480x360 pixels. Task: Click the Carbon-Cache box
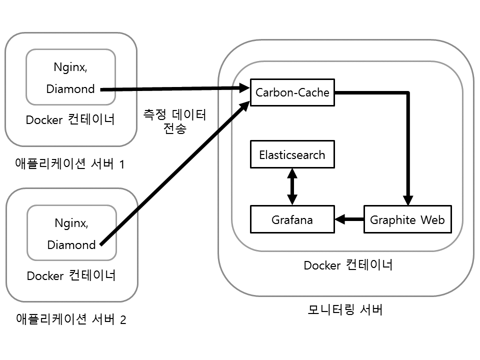pyautogui.click(x=292, y=92)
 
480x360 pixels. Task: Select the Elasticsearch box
pyautogui.click(x=292, y=154)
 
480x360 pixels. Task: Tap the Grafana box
pyautogui.click(x=292, y=219)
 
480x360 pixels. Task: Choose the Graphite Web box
pyautogui.click(x=407, y=219)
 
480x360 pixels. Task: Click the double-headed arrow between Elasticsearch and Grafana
pyautogui.click(x=292, y=186)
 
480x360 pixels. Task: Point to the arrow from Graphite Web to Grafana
pyautogui.click(x=349, y=219)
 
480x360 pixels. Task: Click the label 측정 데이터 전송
pyautogui.click(x=174, y=121)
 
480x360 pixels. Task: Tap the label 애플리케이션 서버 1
pyautogui.click(x=70, y=163)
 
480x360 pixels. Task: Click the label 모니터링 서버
pyautogui.click(x=345, y=310)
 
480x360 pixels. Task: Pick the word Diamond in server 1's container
pyautogui.click(x=70, y=89)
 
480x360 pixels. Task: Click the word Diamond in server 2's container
pyautogui.click(x=71, y=245)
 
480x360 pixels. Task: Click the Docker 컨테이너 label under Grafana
pyautogui.click(x=348, y=265)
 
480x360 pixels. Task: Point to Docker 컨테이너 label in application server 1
pyautogui.click(x=70, y=120)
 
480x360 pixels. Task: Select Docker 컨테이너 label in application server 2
pyautogui.click(x=71, y=275)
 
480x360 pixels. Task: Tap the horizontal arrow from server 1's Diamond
pyautogui.click(x=175, y=89)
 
